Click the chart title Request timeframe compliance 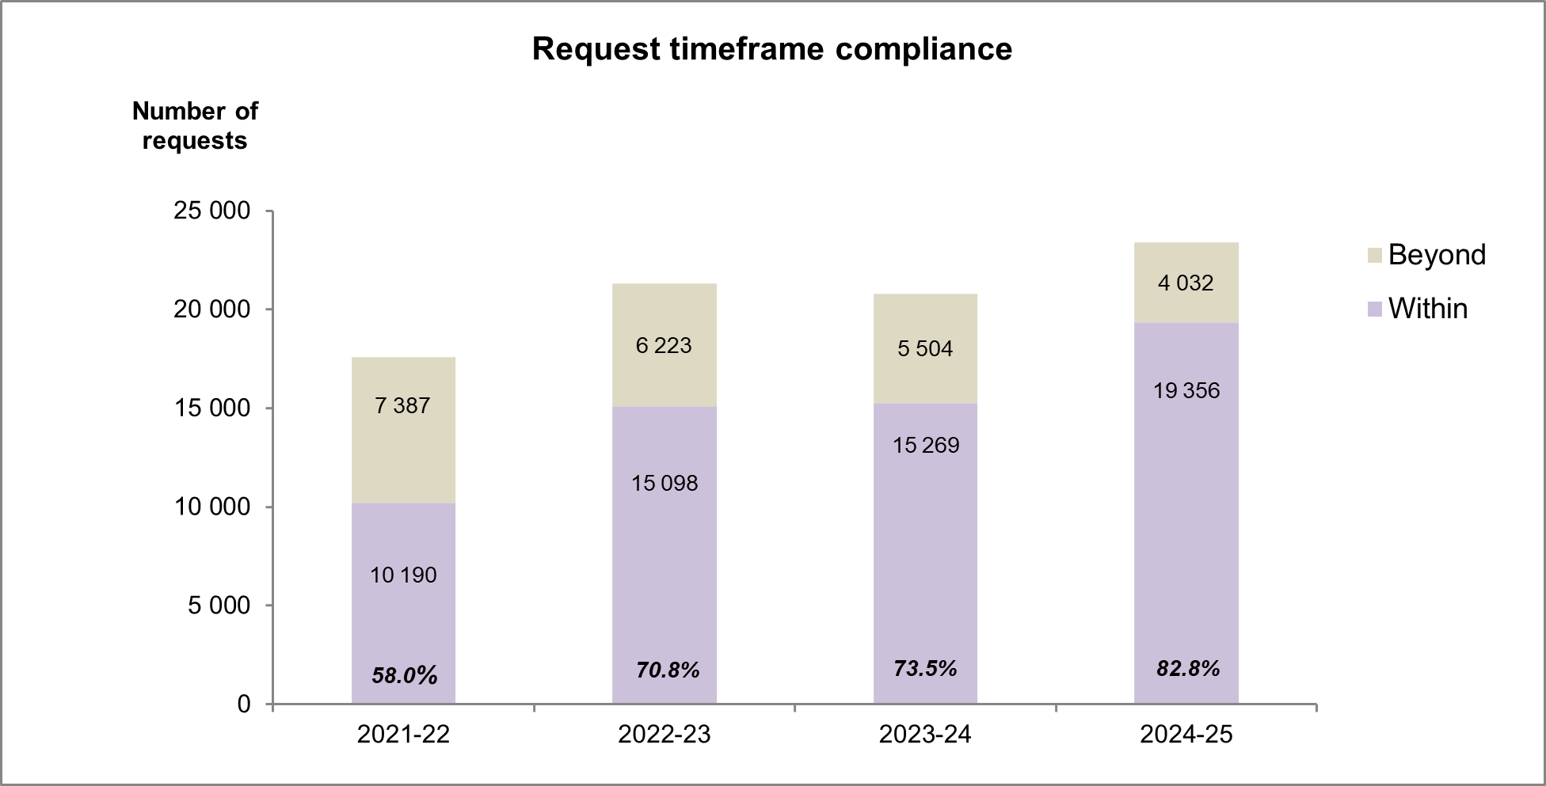pyautogui.click(x=771, y=49)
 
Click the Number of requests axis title pyautogui.click(x=195, y=126)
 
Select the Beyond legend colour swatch pyautogui.click(x=1374, y=255)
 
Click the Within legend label pyautogui.click(x=1427, y=308)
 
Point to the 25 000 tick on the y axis pyautogui.click(x=211, y=211)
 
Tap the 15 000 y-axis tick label pyautogui.click(x=211, y=408)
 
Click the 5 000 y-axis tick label pyautogui.click(x=219, y=606)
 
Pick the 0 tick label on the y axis pyautogui.click(x=243, y=704)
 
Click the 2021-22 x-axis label pyautogui.click(x=403, y=735)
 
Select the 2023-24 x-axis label pyautogui.click(x=924, y=735)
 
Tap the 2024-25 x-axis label pyautogui.click(x=1186, y=735)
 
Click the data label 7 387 pyautogui.click(x=402, y=405)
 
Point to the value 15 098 pyautogui.click(x=664, y=483)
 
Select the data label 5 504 pyautogui.click(x=925, y=348)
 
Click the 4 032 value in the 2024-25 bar pyautogui.click(x=1186, y=283)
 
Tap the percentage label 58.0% pyautogui.click(x=404, y=675)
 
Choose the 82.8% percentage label pyautogui.click(x=1187, y=669)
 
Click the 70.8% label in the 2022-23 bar pyautogui.click(x=667, y=670)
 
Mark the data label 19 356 pyautogui.click(x=1186, y=390)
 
